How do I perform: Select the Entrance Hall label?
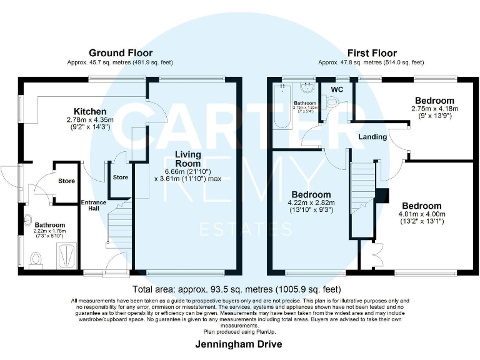pyautogui.click(x=93, y=206)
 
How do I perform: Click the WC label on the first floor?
pyautogui.click(x=337, y=89)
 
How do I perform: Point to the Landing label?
pyautogui.click(x=372, y=137)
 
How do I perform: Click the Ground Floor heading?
pyautogui.click(x=120, y=53)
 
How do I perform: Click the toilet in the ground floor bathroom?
pyautogui.click(x=36, y=258)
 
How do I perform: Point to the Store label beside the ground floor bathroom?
pyautogui.click(x=66, y=181)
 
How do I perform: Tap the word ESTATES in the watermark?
pyautogui.click(x=246, y=229)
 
